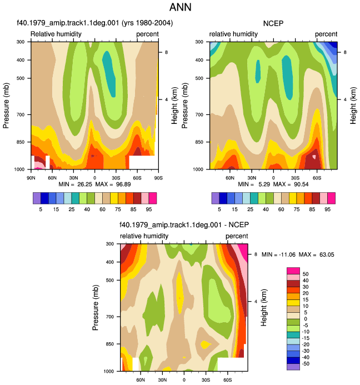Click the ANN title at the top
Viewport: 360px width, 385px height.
180,7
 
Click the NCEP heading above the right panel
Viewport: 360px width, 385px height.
273,23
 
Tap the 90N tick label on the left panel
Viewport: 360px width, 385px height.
31,178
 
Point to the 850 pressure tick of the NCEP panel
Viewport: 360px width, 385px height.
199,142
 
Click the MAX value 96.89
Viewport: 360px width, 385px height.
123,184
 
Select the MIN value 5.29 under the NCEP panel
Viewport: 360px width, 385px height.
264,184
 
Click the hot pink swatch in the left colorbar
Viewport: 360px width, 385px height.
153,198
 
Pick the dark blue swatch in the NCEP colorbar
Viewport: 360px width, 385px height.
223,198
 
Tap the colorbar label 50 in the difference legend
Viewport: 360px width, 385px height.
306,274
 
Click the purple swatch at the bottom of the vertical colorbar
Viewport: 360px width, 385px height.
293,367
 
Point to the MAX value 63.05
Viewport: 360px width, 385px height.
327,254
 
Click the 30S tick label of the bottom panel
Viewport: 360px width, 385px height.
206,380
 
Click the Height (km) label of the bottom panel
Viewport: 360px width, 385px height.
263,307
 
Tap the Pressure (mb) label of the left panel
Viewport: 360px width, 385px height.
6,106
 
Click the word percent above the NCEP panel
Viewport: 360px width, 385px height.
326,34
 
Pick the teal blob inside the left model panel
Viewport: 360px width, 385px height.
109,74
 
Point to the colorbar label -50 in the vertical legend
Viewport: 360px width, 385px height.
306,364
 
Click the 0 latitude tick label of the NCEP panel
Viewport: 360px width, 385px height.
273,178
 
